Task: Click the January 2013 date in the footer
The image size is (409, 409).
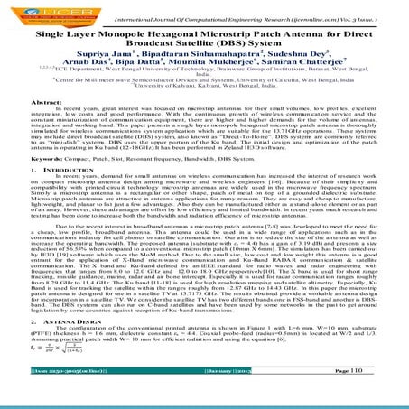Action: click(x=209, y=395)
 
